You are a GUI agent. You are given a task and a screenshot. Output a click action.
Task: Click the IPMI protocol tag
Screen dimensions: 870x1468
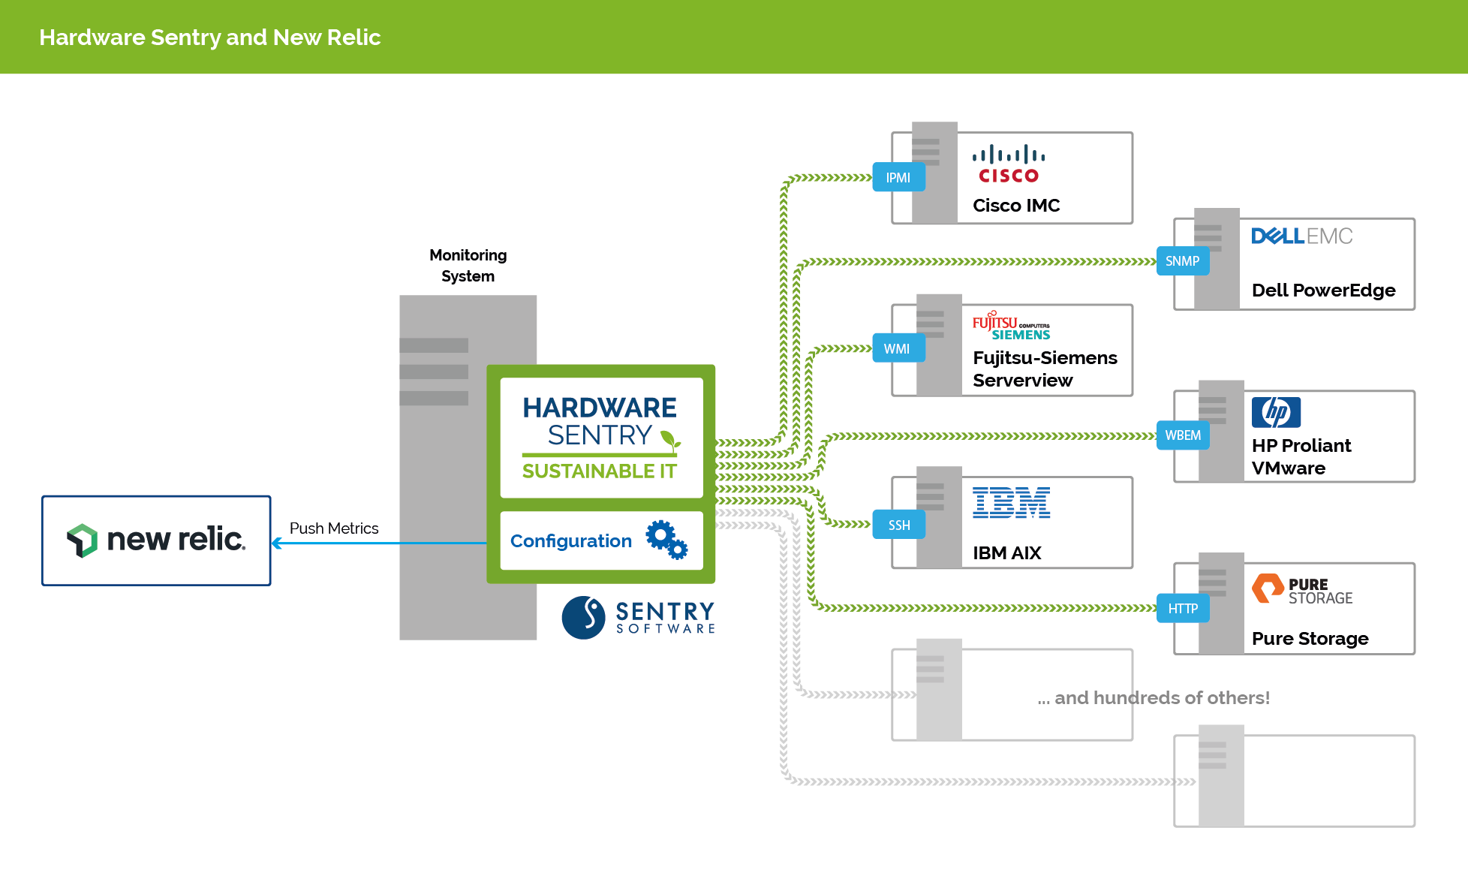[x=898, y=178]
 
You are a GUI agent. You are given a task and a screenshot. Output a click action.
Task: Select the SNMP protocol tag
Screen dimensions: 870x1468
[x=1182, y=261]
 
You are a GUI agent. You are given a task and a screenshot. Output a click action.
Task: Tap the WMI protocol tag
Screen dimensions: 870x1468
[x=898, y=348]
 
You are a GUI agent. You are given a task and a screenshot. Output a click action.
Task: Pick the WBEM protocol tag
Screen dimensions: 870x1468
[x=1182, y=435]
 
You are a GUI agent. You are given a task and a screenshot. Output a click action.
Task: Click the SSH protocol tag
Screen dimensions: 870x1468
[x=898, y=525]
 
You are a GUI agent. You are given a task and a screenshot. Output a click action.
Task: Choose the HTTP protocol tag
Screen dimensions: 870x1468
[x=1182, y=609]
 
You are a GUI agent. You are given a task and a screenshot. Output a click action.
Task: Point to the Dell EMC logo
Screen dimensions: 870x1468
[x=1301, y=236]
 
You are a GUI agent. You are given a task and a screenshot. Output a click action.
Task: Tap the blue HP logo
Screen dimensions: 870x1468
[x=1276, y=412]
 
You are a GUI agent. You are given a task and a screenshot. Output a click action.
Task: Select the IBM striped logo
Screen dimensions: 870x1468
[x=1011, y=503]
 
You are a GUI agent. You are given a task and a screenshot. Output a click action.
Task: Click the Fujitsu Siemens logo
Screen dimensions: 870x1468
[x=1011, y=326]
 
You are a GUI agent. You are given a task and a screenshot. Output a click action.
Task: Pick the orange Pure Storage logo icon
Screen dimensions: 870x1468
[x=1268, y=589]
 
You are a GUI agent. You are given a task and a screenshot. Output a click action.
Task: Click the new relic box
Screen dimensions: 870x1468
[x=156, y=540]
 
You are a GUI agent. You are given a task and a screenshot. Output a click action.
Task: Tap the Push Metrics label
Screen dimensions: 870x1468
[x=334, y=528]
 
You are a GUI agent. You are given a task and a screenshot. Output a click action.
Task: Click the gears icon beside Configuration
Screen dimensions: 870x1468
[x=666, y=540]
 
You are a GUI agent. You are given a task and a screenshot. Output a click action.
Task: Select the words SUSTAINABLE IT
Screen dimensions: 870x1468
[x=599, y=471]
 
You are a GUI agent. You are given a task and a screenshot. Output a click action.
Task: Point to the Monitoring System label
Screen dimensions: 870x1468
[x=468, y=266]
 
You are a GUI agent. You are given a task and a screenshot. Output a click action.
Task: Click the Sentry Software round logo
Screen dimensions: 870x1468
[x=583, y=618]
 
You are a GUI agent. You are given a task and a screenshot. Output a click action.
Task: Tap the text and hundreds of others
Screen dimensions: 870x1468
[x=1154, y=698]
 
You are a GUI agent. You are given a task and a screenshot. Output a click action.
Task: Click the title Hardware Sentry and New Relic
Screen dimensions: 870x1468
[x=210, y=38]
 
